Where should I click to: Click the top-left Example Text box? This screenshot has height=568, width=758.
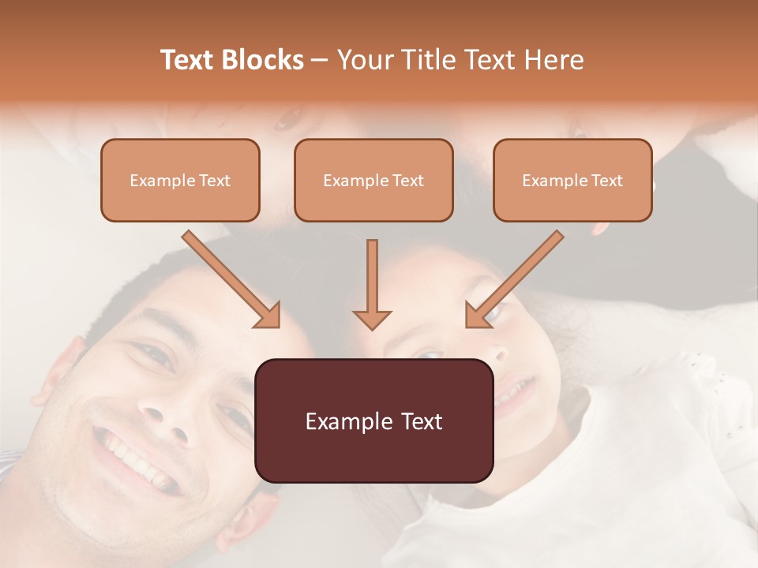[x=180, y=180]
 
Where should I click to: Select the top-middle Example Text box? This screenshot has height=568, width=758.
[x=373, y=180]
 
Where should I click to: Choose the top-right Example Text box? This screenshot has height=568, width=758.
[x=572, y=180]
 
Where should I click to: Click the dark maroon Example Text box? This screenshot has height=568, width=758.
[x=373, y=420]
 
